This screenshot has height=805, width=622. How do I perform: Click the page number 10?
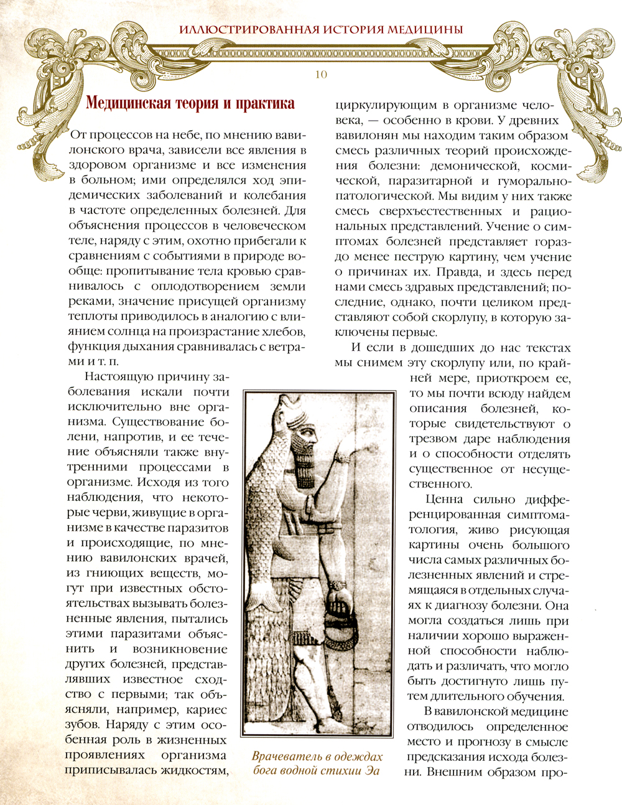pyautogui.click(x=321, y=75)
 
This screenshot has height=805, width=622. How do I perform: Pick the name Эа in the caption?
pyautogui.click(x=371, y=771)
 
